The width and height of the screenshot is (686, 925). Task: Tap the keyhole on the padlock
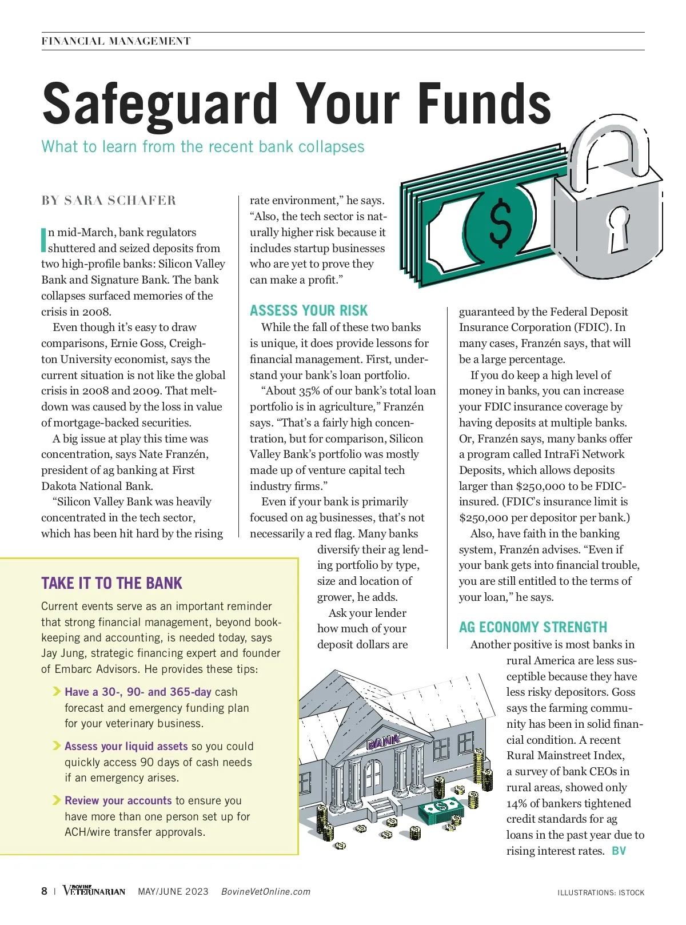[x=619, y=229]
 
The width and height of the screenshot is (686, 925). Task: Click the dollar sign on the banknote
[x=501, y=222]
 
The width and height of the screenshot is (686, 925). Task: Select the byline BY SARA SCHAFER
[x=109, y=201]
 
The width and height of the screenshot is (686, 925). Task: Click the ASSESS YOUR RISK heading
[x=309, y=310]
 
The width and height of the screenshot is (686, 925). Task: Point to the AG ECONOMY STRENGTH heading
[x=533, y=627]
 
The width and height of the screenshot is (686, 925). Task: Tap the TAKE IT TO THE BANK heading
[x=111, y=583]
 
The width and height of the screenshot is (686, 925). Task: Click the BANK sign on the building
[x=383, y=742]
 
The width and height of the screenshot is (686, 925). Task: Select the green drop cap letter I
[x=43, y=240]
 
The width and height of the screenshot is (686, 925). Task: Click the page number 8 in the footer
[x=45, y=891]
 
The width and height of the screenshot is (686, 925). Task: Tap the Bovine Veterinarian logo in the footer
[x=94, y=891]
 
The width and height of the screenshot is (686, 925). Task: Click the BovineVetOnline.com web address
[x=266, y=891]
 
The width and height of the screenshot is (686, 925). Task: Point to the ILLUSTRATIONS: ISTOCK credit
[x=601, y=892]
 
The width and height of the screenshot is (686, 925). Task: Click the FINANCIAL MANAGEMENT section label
[x=116, y=41]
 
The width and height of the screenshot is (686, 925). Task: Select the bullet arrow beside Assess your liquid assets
[x=57, y=745]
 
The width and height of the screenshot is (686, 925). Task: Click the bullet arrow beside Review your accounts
[x=57, y=800]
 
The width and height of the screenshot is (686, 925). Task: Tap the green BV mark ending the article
[x=619, y=851]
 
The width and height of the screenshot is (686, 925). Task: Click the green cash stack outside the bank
[x=442, y=811]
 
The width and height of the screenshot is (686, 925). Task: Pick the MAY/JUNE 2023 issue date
[x=173, y=891]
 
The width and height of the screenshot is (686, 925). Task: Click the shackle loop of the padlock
[x=609, y=149]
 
